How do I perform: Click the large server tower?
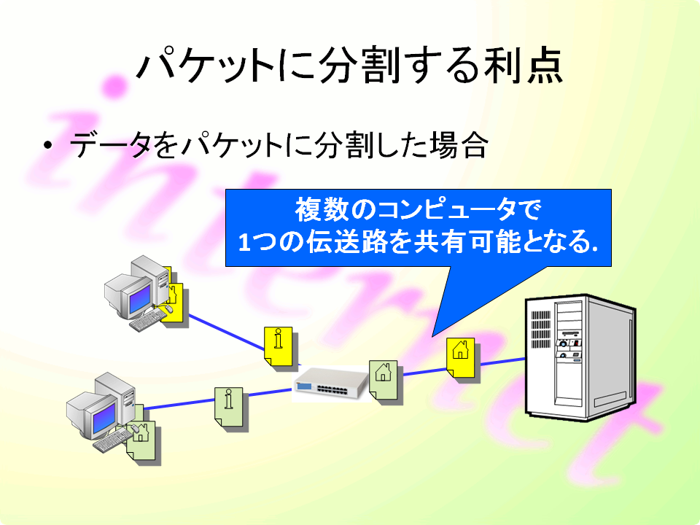pyautogui.click(x=580, y=357)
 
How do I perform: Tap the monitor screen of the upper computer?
pyautogui.click(x=140, y=297)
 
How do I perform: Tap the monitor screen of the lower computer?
pyautogui.click(x=104, y=420)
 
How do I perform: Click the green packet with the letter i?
pyautogui.click(x=228, y=407)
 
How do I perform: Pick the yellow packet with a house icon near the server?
pyautogui.click(x=461, y=357)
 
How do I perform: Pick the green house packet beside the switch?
pyautogui.click(x=383, y=380)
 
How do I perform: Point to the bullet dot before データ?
pyautogui.click(x=48, y=145)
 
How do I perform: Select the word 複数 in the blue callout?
pyautogui.click(x=322, y=209)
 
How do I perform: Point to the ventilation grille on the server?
pyautogui.click(x=540, y=330)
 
